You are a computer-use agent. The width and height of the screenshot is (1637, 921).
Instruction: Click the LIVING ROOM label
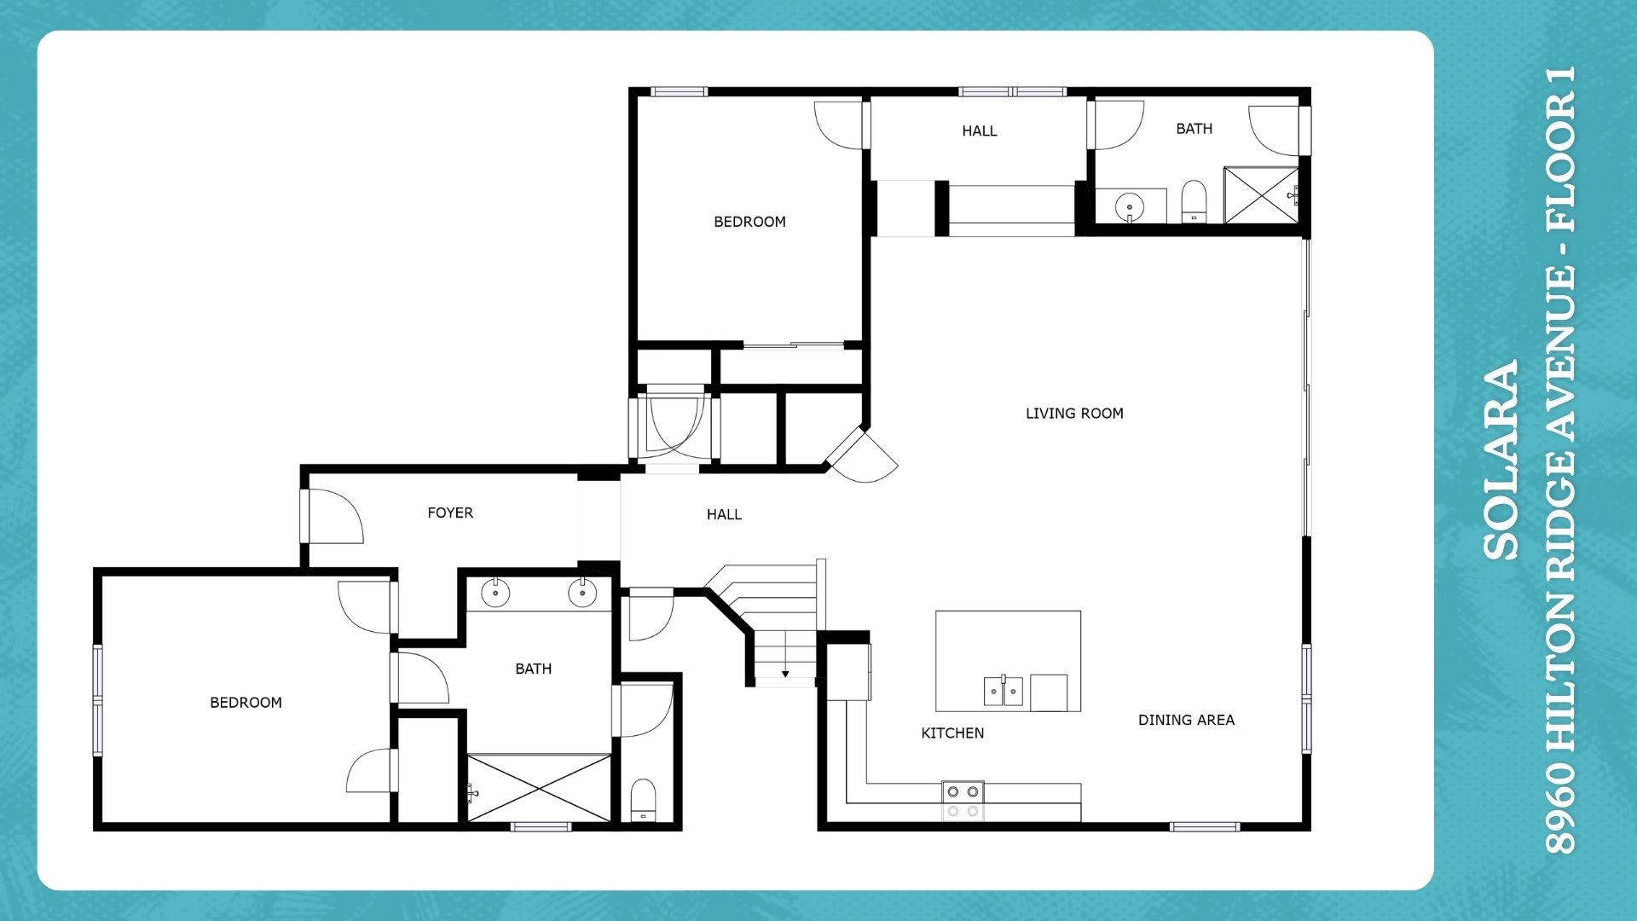click(1074, 414)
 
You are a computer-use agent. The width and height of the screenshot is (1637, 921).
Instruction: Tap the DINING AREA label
click(1186, 720)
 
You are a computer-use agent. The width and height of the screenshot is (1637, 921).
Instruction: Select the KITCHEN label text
click(952, 733)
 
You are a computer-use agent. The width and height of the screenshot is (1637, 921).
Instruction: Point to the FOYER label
click(450, 513)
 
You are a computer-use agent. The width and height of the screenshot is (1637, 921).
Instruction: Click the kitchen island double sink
click(1004, 691)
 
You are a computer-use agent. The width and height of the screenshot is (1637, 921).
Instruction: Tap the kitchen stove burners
click(963, 802)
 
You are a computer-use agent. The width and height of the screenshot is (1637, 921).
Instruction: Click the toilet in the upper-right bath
click(1194, 202)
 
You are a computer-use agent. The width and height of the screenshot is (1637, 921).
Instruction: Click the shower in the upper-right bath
click(1261, 195)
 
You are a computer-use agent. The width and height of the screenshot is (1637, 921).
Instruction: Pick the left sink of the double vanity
click(495, 593)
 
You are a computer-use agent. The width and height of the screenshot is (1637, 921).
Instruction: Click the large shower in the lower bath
click(539, 788)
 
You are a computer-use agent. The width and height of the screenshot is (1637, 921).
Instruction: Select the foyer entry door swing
click(334, 515)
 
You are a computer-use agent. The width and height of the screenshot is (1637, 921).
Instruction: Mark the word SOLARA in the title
click(1501, 460)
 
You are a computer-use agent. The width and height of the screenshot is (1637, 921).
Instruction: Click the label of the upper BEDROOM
click(749, 222)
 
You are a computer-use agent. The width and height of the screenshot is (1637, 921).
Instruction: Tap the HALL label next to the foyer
click(724, 514)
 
